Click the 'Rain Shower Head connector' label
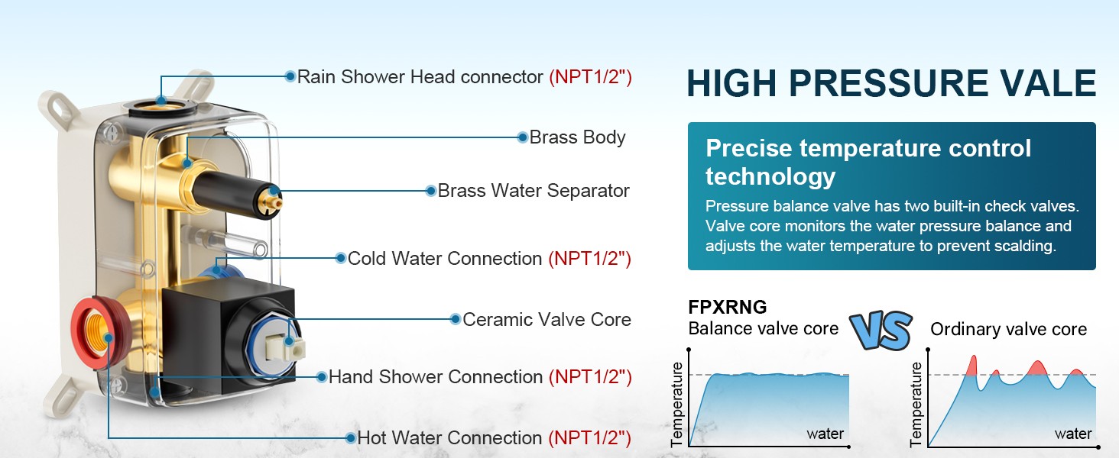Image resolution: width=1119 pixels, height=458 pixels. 420,77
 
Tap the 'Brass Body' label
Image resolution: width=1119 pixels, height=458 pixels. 577,137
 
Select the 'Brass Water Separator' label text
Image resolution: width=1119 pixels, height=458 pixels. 534,191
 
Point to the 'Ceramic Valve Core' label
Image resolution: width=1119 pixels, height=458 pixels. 547,319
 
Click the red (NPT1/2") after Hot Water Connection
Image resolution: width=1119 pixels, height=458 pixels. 590,437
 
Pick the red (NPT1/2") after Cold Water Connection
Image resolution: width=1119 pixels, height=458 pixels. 590,259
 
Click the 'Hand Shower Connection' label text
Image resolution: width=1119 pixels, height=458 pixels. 436,376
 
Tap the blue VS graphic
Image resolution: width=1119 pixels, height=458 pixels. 881,330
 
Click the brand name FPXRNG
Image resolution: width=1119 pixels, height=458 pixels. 728,307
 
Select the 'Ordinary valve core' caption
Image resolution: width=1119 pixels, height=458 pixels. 1009,329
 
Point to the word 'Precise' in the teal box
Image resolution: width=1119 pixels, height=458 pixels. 749,148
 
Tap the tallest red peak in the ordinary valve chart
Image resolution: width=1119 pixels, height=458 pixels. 971,366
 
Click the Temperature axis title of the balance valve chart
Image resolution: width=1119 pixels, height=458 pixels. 677,403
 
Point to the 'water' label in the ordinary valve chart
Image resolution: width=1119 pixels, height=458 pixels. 1073,434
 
